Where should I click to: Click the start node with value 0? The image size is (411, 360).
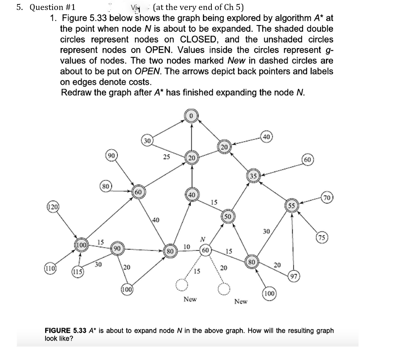tap(191, 116)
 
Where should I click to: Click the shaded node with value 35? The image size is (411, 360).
tap(253, 176)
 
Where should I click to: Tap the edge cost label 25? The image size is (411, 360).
tap(167, 157)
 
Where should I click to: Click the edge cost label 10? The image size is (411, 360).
tap(187, 246)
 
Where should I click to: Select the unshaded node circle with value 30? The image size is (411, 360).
tap(147, 141)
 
